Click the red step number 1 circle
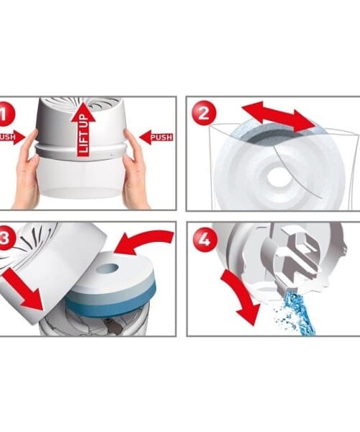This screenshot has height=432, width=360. coord(5,114)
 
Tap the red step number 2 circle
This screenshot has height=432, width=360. coord(204,113)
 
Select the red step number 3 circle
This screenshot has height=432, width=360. coord(6,238)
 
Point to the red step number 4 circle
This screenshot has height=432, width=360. coord(204,238)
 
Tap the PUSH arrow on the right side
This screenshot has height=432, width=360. coord(156,137)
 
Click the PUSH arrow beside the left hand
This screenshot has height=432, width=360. coord(12,137)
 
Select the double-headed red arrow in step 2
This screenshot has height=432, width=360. coord(279,116)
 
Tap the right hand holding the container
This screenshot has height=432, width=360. coord(135,171)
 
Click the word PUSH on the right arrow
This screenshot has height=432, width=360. coord(162,138)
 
